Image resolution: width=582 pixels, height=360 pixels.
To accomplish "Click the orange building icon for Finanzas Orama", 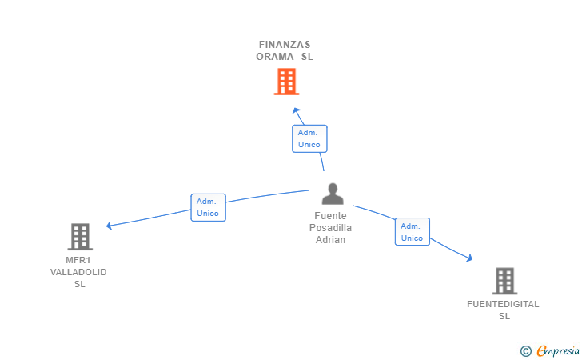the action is coord(286,82).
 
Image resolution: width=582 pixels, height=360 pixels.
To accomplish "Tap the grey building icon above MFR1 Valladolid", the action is coord(80,237).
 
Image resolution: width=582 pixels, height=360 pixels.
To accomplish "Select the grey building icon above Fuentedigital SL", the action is coord(504,281).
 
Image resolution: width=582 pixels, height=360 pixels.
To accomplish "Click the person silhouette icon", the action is coord(333,194).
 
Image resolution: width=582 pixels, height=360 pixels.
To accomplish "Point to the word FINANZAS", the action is coord(285,45).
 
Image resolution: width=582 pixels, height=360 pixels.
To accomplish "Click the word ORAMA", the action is coord(275,57).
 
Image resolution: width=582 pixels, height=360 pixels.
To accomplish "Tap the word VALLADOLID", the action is coord(78,272).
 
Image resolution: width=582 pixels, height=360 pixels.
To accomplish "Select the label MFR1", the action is coord(78,260).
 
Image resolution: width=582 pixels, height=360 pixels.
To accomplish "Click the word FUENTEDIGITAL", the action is coord(503,304).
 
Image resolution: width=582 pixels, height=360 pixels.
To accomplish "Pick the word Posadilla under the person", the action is coord(330,228).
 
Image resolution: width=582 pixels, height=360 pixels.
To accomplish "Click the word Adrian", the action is coord(330,240).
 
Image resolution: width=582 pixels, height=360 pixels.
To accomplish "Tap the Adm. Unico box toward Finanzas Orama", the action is coord(309,138).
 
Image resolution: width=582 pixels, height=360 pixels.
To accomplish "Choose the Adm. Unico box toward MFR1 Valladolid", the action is coord(208,207).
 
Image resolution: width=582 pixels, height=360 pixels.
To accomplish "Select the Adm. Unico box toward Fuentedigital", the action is coord(413,232).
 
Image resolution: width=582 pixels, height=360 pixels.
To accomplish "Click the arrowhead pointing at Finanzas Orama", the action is coord(296,110).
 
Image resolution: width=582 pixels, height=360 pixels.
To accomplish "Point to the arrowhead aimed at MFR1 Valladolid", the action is coord(109,226).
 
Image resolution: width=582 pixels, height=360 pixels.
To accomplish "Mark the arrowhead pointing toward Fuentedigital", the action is coord(470,258).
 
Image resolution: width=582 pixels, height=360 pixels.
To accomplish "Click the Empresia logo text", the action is coord(558,350).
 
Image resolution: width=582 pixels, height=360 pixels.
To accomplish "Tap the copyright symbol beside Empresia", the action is coord(526,351).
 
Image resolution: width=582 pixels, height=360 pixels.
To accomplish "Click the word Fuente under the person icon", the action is coord(330,216).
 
